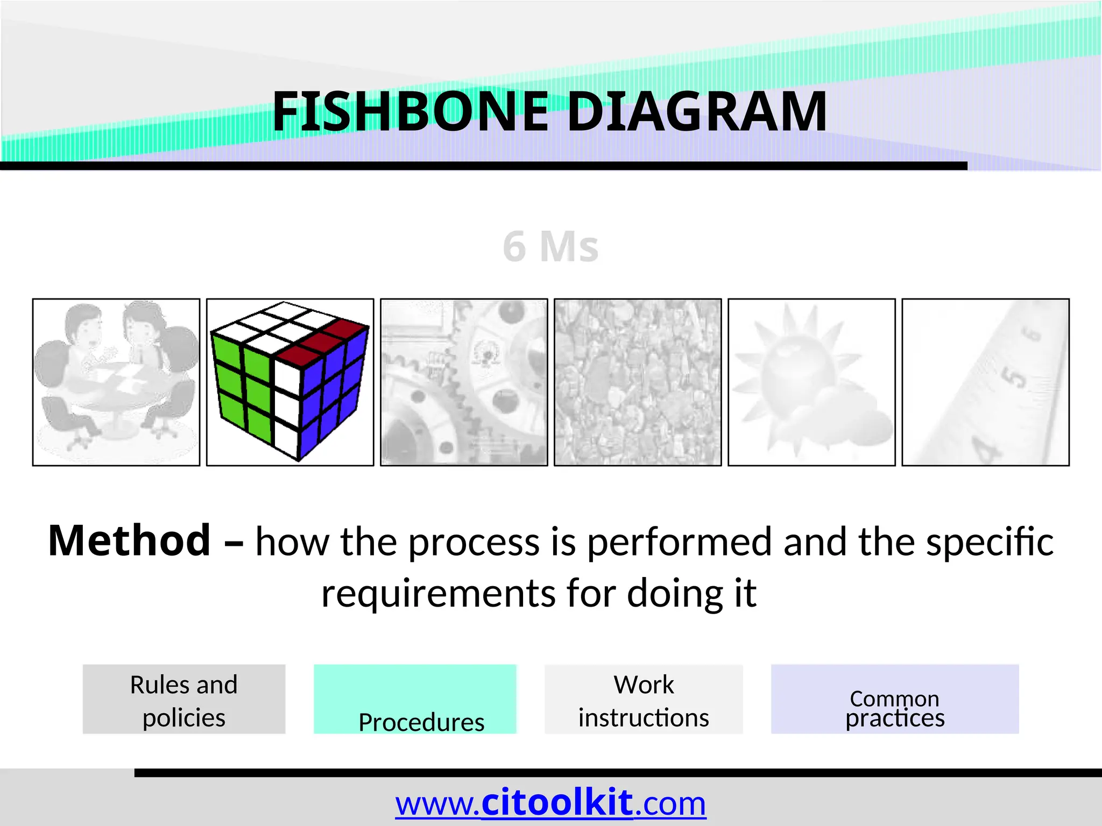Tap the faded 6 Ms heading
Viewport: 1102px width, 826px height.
550,247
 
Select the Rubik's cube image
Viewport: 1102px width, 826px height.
290,382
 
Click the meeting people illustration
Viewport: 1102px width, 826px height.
116,382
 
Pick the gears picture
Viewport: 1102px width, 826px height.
464,382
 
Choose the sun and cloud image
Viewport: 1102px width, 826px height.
811,382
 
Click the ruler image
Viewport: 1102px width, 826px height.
985,382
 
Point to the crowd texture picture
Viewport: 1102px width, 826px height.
638,382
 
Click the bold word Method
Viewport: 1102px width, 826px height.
129,540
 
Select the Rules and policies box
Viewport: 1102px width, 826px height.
184,699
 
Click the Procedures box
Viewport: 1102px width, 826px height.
415,699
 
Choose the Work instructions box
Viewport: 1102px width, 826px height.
644,699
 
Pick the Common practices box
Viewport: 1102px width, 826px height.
895,699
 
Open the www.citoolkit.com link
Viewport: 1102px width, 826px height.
550,803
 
